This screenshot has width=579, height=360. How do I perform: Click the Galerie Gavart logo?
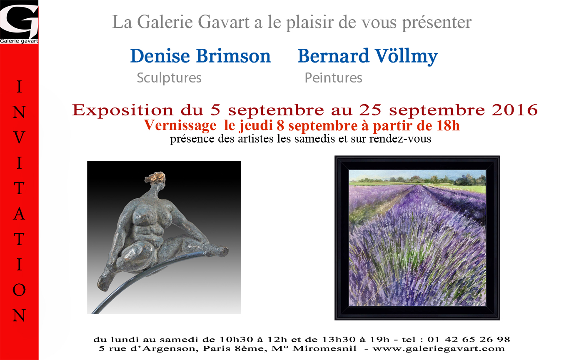click(x=19, y=22)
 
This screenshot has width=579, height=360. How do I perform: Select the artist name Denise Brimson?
click(x=200, y=56)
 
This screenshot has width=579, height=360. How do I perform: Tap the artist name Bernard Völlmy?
click(x=367, y=56)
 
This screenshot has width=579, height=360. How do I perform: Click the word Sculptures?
click(x=169, y=78)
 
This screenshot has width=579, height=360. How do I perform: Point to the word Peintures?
click(x=333, y=78)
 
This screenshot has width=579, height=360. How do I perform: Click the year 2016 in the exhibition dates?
click(x=514, y=110)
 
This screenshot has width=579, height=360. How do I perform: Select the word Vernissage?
click(x=180, y=126)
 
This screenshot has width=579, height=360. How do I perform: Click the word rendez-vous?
click(x=400, y=139)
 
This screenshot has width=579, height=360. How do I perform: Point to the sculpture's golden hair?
click(x=155, y=177)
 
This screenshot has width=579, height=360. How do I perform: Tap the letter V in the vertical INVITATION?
click(x=19, y=137)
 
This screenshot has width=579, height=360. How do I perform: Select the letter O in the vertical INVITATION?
click(x=19, y=290)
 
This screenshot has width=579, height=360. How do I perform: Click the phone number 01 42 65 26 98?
click(x=469, y=339)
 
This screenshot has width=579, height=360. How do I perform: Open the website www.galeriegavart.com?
click(x=439, y=349)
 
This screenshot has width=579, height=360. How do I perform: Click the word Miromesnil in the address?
click(x=324, y=349)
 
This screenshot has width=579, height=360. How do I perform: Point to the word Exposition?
click(x=122, y=110)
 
